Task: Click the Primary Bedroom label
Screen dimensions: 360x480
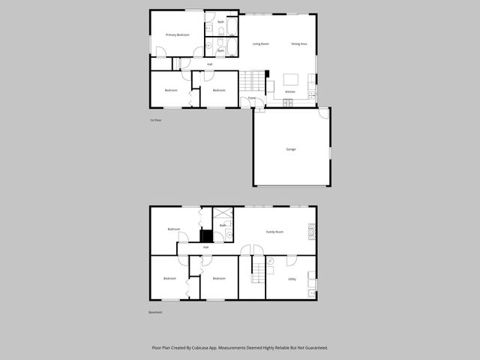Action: point(177,35)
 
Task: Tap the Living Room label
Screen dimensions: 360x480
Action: point(261,44)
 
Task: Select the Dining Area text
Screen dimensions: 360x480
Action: point(298,44)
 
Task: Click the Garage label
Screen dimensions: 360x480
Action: point(290,149)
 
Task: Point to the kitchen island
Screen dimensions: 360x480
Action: point(291,79)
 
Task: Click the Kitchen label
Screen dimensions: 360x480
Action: point(289,92)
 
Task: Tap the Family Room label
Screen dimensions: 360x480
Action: point(274,232)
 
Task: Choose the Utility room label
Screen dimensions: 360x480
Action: point(291,279)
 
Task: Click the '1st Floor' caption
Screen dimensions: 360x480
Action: point(155,120)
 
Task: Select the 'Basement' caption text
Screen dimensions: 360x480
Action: point(154,312)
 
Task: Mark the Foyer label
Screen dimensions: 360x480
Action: point(252,98)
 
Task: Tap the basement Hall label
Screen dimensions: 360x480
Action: point(205,247)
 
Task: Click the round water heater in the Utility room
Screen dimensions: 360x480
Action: point(271,261)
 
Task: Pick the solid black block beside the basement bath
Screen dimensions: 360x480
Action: point(206,235)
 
